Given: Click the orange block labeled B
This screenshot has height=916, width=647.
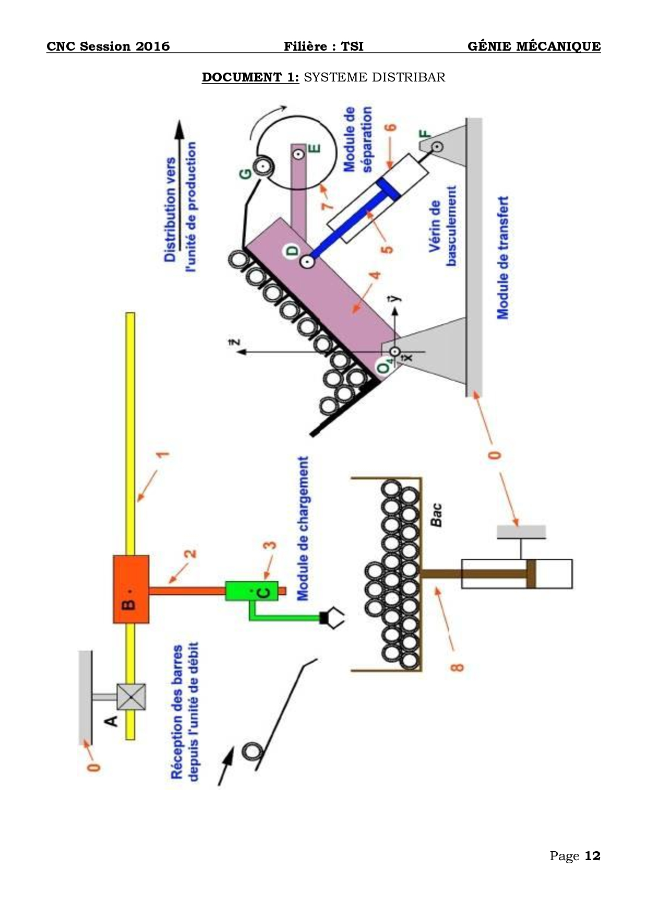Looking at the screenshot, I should coord(131,589).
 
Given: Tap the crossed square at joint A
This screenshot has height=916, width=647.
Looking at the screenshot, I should coord(131,697).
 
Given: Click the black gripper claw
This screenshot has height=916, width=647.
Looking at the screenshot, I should coord(332,617).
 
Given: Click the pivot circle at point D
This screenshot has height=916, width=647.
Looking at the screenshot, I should coord(307,261).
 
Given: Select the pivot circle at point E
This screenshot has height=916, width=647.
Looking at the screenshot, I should coord(298,154).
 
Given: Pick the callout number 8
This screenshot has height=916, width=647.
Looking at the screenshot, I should coord(457,667).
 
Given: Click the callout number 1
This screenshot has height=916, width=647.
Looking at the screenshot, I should coord(164,454).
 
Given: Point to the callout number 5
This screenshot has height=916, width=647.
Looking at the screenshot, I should coord(387,249).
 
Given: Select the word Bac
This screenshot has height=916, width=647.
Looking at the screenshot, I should coord(436,514).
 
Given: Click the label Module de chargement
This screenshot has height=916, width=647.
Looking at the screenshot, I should coord(303,529).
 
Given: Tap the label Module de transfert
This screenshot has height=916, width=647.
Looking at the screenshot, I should coord(502,257).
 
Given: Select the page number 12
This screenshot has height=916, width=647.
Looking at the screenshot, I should coord(592,855).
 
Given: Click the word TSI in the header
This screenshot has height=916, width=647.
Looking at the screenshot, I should coord(352,46).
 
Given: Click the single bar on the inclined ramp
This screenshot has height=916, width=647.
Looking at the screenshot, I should coord(253,751).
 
